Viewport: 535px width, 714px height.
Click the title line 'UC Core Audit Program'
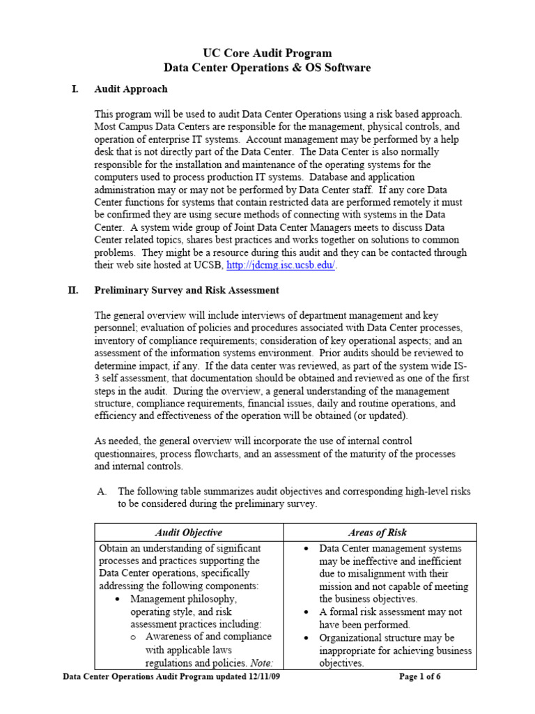pos(267,53)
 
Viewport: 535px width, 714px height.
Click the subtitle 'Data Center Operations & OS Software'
pos(267,68)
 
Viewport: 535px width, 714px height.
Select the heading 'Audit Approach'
pos(131,89)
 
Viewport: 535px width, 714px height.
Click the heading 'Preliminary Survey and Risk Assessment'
pos(187,290)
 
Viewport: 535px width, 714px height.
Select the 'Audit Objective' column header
pos(188,532)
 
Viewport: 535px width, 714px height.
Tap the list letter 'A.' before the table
pos(102,492)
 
